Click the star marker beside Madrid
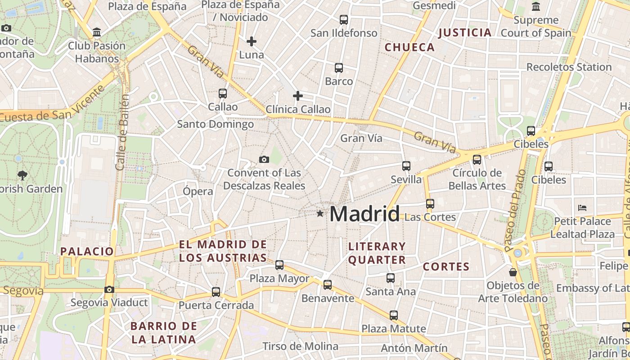320,213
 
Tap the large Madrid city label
364,214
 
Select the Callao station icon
223,94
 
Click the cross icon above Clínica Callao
298,96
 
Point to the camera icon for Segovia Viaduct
109,289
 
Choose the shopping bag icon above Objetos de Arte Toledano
513,272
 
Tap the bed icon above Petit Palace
582,208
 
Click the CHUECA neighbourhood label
409,47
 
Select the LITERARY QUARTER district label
377,253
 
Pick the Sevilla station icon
406,166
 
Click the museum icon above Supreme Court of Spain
536,7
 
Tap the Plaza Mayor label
279,279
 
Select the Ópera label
198,191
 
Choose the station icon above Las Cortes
430,203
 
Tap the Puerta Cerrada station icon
216,292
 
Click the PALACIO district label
87,251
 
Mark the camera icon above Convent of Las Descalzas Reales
264,159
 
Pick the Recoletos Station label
569,67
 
